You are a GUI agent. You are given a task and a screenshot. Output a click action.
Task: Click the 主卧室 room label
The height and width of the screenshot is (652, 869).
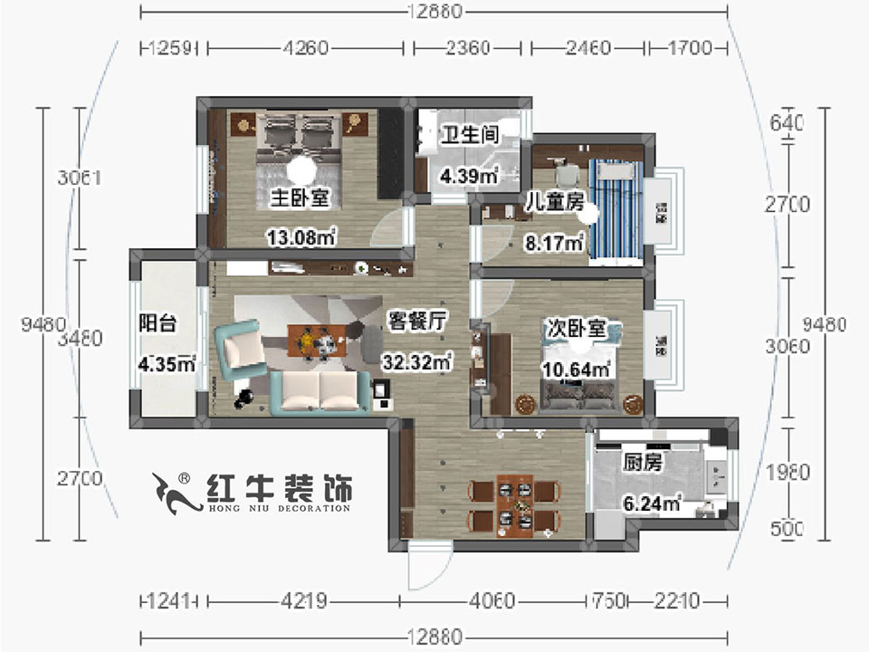[x=299, y=197]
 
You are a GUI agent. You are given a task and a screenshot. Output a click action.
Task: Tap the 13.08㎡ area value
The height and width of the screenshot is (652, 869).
[x=301, y=237]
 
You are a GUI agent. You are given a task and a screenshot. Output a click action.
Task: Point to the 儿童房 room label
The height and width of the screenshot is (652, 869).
[x=554, y=202]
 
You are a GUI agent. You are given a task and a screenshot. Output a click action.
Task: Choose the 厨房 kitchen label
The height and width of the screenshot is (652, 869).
[x=644, y=463]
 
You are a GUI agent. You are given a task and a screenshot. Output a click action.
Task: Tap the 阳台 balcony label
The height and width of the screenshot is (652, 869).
[x=157, y=323]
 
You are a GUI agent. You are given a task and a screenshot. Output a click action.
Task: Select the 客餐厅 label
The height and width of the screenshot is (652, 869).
[x=415, y=321]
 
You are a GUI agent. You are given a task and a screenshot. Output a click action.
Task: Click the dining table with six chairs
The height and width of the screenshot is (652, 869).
[x=513, y=505]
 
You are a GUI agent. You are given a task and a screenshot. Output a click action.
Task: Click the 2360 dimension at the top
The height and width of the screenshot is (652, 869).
[x=471, y=48]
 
